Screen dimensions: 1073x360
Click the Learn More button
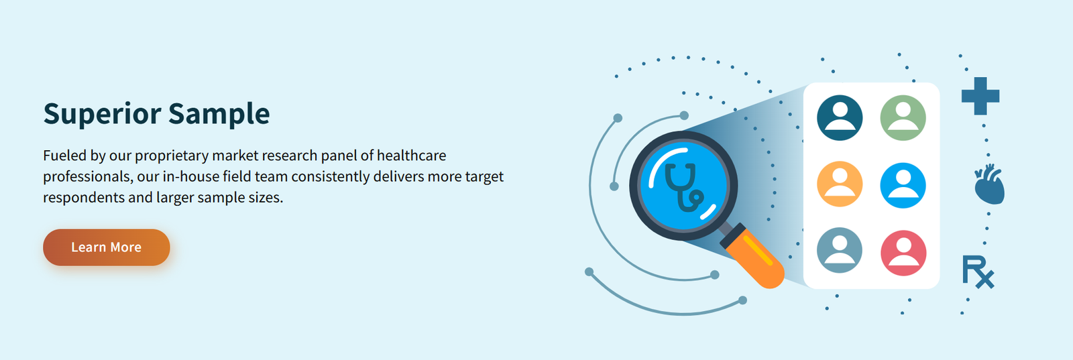click(x=107, y=247)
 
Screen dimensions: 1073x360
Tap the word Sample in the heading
click(x=219, y=115)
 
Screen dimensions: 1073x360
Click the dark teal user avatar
click(x=840, y=118)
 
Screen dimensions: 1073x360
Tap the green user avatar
click(x=903, y=118)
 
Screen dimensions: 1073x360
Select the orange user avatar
click(x=840, y=184)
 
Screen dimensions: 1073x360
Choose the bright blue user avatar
click(x=903, y=185)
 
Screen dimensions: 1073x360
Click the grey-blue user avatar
click(x=840, y=250)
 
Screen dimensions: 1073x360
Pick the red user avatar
click(x=903, y=253)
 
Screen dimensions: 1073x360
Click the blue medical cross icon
click(x=980, y=97)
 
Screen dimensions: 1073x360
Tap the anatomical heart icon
click(x=990, y=184)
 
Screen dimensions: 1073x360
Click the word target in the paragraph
click(x=484, y=177)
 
